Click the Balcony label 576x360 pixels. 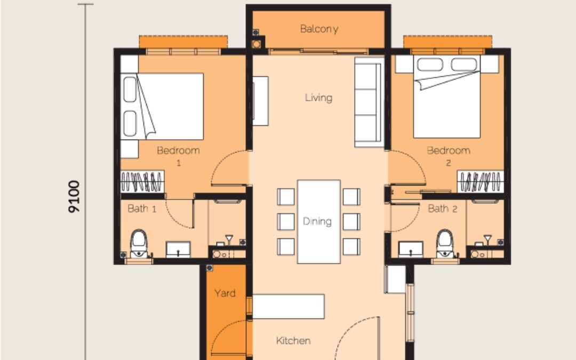click(319, 29)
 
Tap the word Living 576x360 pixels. click(318, 98)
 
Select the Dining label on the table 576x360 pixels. click(317, 221)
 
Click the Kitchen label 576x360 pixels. click(293, 340)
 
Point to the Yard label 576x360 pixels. click(225, 293)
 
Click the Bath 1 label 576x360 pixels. click(142, 209)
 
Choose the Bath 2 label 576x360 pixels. click(443, 209)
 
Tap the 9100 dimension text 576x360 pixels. click(74, 196)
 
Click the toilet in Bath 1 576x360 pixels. click(139, 243)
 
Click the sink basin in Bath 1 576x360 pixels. click(177, 249)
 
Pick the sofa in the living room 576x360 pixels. click(369, 103)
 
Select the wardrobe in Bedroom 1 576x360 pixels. click(142, 182)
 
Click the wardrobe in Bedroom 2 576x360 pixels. click(480, 182)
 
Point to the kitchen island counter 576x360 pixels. click(289, 307)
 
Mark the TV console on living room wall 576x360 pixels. click(260, 101)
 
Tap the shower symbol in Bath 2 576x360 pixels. click(487, 238)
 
